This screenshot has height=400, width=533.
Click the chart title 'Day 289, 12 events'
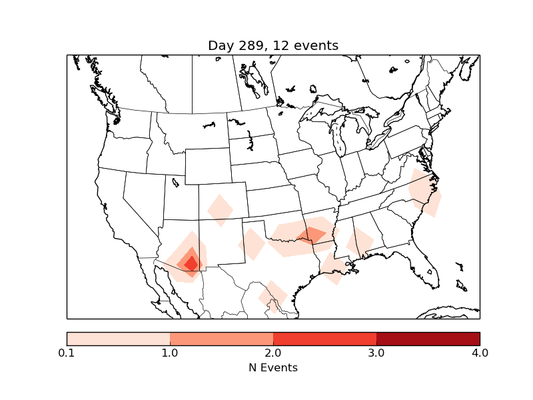point(273,46)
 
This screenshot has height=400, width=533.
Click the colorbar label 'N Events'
point(273,367)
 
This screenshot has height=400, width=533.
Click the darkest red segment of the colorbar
point(428,339)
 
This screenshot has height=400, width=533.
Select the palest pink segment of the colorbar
point(118,339)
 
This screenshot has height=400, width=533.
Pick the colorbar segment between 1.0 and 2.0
point(221,339)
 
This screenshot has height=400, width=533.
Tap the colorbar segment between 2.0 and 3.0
point(324,339)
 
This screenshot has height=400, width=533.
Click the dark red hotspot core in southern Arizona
point(191,263)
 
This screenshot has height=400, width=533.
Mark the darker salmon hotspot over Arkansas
point(312,235)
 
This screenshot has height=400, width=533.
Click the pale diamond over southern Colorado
point(220,210)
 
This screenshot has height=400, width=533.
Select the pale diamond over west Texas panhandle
point(252,244)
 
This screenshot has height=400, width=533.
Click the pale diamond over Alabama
point(360,243)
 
